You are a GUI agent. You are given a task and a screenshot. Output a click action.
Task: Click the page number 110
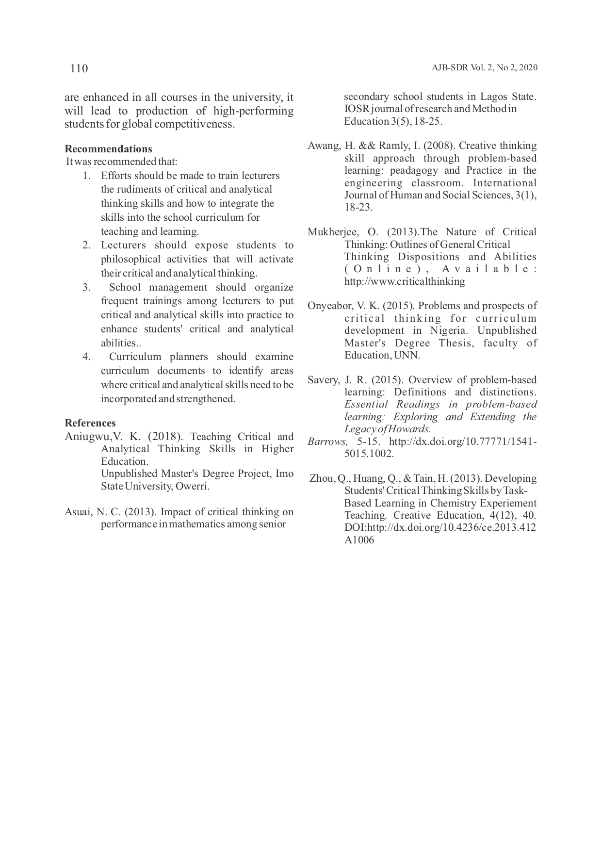coord(79,68)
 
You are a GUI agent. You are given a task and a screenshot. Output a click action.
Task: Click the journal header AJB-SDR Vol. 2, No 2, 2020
coord(484,68)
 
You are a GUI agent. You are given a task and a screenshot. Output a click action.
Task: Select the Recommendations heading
coord(108,149)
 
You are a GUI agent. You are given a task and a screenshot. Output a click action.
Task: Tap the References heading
coord(90,423)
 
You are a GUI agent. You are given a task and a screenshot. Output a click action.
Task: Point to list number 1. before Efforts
coord(87,176)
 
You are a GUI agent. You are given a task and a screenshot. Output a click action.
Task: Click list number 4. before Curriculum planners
coord(87,357)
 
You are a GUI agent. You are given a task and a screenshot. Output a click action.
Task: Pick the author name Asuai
coord(78,512)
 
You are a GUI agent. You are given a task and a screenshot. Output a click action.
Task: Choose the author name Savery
coord(323,380)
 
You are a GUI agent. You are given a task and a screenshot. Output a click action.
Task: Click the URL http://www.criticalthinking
coord(405,281)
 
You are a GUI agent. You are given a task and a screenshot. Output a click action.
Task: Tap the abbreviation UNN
coord(407,355)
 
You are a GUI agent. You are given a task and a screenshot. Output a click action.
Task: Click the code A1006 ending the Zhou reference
coord(359,540)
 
